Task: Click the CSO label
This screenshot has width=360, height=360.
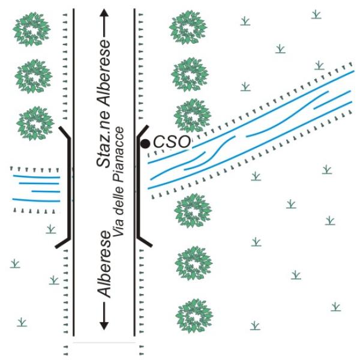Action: click(172, 142)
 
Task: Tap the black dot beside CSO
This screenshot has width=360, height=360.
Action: click(145, 144)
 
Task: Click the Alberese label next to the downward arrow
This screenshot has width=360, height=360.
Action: click(104, 264)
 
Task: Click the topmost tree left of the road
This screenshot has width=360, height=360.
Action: click(32, 29)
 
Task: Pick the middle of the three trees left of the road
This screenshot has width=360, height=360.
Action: click(34, 76)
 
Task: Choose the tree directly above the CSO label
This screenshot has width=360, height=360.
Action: click(192, 115)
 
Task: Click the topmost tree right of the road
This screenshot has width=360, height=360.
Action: click(188, 27)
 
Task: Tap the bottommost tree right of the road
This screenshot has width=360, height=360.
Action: click(194, 316)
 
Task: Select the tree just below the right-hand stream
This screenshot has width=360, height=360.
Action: click(193, 211)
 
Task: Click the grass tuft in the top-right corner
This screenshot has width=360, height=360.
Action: click(316, 14)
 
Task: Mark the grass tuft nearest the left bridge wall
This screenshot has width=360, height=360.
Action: click(51, 229)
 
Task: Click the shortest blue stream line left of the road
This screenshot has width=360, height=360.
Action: click(46, 191)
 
